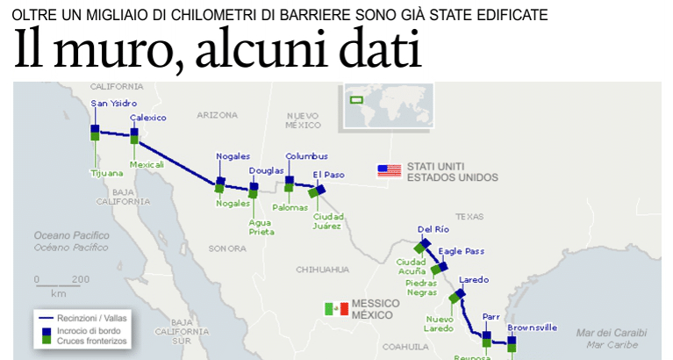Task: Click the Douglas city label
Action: point(266,170)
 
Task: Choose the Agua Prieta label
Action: point(261,227)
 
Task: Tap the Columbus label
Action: point(306,156)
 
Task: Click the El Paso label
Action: point(329,174)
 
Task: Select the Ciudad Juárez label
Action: point(327,220)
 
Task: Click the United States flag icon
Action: point(389,170)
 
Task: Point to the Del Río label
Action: point(433,229)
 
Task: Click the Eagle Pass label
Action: point(462,251)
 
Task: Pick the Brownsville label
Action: point(532,328)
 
